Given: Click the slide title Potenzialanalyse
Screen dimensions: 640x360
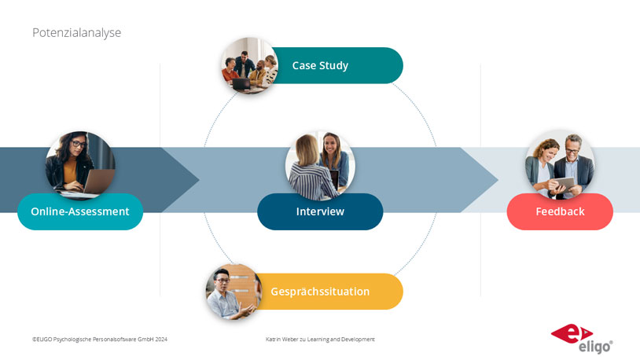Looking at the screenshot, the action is (77, 33).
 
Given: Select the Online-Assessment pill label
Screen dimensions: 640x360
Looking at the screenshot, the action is (80, 211).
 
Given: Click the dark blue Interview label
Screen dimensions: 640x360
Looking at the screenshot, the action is (320, 211).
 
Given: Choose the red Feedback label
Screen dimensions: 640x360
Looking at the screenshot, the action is (560, 211).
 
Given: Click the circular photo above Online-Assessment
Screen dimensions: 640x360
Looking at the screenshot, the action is (80, 165).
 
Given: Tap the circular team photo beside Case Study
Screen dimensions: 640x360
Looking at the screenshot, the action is (250, 66).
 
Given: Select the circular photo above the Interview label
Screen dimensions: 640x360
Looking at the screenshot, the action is (320, 165).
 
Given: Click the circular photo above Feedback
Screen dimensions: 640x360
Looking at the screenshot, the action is (560, 164).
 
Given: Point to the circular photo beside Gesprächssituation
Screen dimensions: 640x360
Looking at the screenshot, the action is (234, 292).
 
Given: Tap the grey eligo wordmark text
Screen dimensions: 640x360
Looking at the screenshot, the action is (595, 347).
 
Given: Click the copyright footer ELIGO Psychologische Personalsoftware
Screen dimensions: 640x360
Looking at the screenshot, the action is (100, 340).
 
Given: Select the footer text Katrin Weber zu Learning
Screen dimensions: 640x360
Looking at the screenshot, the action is (320, 340).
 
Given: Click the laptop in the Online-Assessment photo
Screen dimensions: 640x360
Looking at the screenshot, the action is (98, 182).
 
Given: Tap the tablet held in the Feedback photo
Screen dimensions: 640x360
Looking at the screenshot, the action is (565, 184).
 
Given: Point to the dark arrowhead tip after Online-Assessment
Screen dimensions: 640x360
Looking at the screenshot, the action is (199, 179).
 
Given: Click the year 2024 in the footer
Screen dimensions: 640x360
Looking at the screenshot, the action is (161, 340).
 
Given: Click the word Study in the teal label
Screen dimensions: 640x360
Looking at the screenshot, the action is (334, 66).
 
